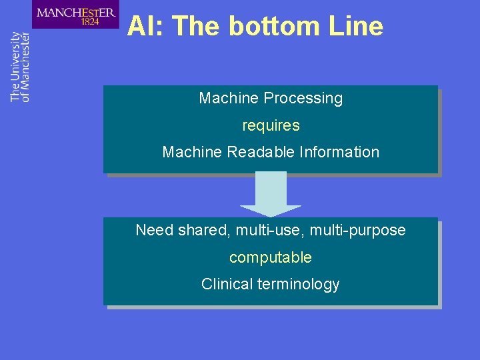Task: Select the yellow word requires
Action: pos(271,125)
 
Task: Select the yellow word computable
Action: pos(271,257)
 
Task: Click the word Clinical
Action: pos(227,284)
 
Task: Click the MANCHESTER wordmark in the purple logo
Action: pos(75,11)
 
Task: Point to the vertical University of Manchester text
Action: pos(21,67)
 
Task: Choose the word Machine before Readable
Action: pos(192,152)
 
